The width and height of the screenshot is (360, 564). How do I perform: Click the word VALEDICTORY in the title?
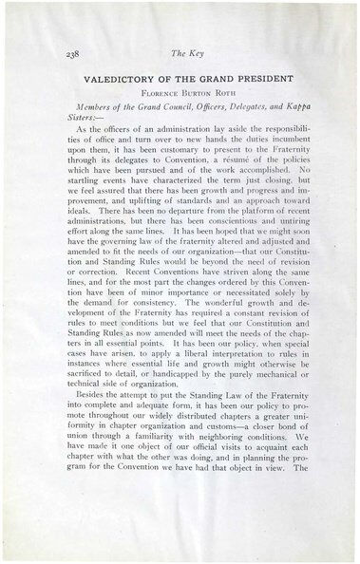click(x=119, y=82)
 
